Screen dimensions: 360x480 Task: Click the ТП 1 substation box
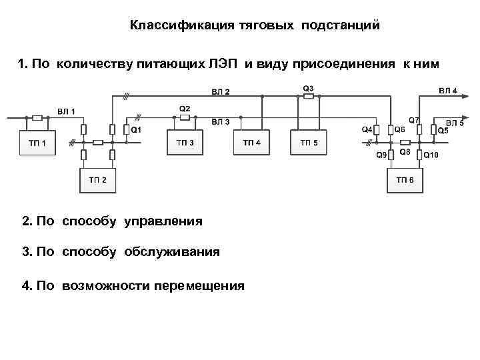(37, 143)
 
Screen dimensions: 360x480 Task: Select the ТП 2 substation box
(99, 180)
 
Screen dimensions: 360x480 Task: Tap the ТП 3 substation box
(185, 143)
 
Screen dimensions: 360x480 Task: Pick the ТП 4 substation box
(251, 143)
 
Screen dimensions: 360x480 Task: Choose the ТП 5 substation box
(309, 143)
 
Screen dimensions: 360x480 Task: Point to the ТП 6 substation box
(405, 180)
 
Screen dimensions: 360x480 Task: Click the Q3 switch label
(308, 88)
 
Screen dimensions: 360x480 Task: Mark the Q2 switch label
(185, 108)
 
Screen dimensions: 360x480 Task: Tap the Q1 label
(135, 129)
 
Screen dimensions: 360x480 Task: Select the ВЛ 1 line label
(65, 110)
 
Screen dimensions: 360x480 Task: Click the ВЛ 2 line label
(221, 91)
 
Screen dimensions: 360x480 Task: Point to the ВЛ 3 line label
(221, 122)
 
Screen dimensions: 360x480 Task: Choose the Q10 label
(431, 155)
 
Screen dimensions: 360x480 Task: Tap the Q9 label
(381, 155)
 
